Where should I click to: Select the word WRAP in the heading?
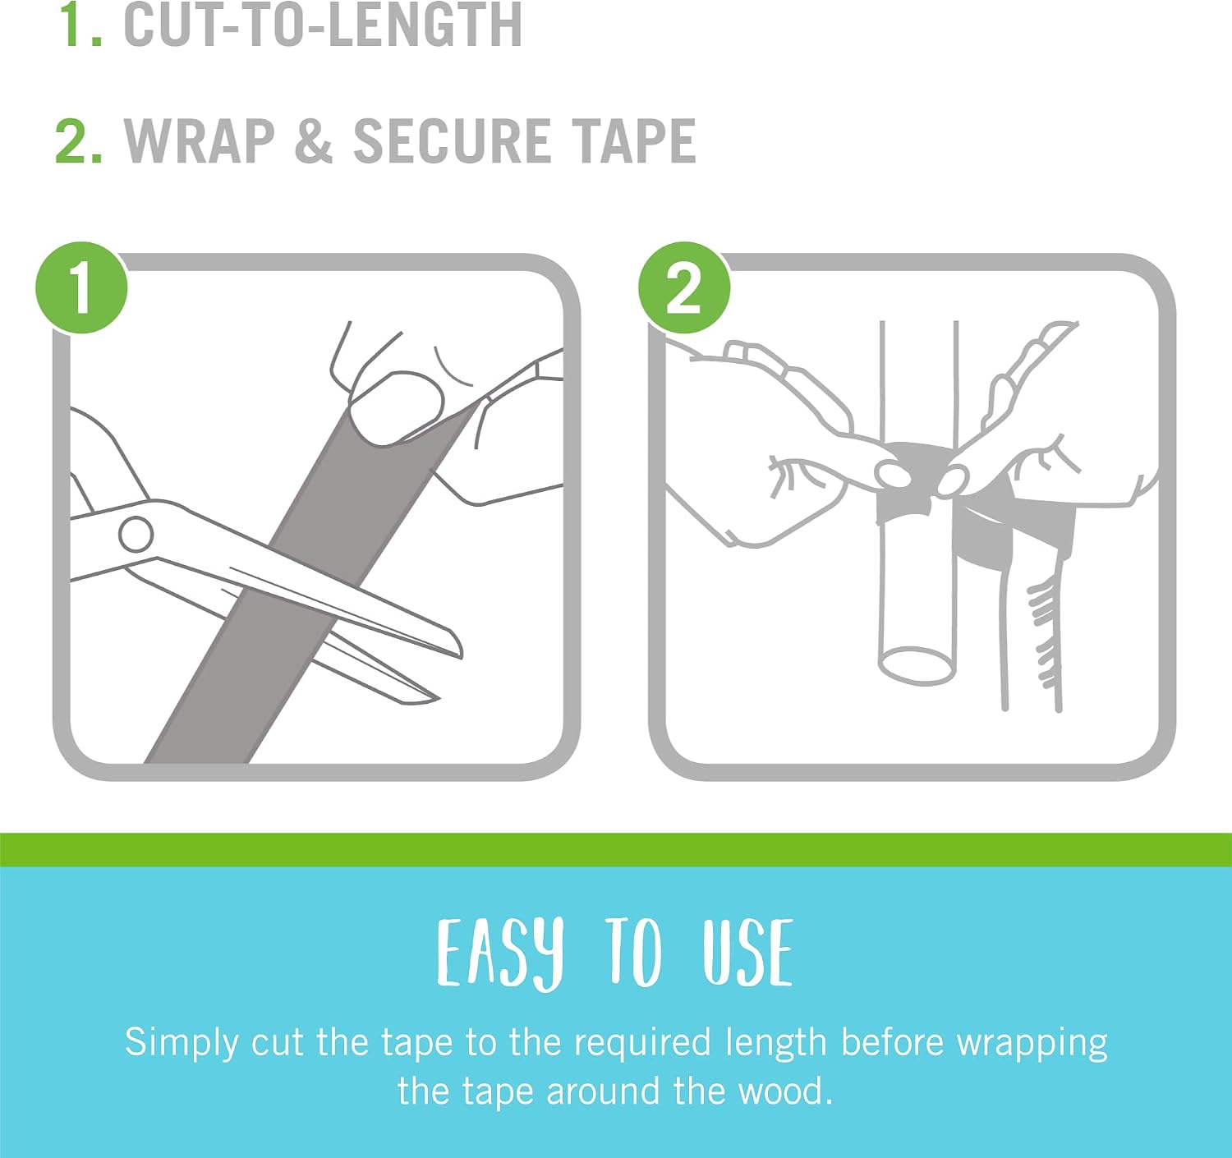click(x=199, y=141)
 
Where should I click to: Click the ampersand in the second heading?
click(x=314, y=141)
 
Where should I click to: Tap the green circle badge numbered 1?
click(x=81, y=287)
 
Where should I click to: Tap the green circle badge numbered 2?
click(x=684, y=287)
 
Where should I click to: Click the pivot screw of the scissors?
click(x=136, y=535)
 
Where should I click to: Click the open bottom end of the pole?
click(x=917, y=667)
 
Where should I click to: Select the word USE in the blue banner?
click(x=747, y=953)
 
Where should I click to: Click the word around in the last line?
click(x=602, y=1091)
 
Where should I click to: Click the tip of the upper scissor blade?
click(x=460, y=655)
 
